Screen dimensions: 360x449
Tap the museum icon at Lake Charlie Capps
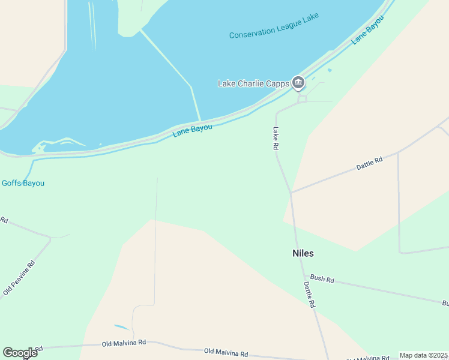pos(298,82)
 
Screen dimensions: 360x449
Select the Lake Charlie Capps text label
pos(253,83)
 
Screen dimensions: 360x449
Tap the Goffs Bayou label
pos(23,183)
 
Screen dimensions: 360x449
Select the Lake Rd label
pos(277,138)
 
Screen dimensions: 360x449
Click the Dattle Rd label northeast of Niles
pos(369,164)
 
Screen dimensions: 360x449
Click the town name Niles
pos(303,253)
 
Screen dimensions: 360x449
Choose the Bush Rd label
pos(322,279)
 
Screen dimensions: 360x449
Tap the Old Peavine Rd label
pos(19,277)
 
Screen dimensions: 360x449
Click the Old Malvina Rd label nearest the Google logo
pos(124,343)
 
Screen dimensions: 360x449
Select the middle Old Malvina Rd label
pos(226,352)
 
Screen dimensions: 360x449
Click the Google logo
pos(20,353)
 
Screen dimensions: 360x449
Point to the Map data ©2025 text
pos(424,355)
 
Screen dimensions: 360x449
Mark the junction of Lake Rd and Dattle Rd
pos(291,193)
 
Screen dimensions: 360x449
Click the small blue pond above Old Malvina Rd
pos(121,327)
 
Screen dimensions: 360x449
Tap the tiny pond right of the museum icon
pos(330,70)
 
